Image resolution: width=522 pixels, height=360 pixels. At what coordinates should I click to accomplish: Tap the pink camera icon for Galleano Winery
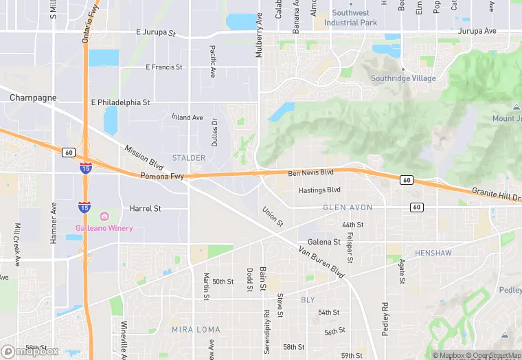[104, 217]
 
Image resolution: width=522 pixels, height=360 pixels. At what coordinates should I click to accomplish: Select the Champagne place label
[33, 98]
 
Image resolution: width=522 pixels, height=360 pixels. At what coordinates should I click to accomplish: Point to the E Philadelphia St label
[120, 102]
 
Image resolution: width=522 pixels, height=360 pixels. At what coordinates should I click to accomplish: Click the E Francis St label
[164, 67]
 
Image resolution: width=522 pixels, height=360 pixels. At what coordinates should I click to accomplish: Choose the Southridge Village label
[403, 78]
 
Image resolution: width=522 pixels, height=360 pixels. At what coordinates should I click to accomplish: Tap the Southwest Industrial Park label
[350, 18]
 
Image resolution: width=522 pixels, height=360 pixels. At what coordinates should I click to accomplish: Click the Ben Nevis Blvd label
[310, 172]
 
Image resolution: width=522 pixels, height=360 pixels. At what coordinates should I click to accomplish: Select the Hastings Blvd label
[319, 190]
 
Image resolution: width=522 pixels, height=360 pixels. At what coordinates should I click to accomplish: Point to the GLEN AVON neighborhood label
[348, 207]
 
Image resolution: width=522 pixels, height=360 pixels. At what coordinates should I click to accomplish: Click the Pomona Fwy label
[161, 177]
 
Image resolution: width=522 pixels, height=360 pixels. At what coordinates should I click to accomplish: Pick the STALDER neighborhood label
[189, 158]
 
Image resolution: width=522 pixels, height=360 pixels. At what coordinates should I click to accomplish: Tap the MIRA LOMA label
[196, 330]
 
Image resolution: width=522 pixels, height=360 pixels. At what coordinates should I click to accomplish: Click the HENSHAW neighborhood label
[433, 254]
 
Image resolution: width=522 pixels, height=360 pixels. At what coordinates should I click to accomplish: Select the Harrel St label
[145, 208]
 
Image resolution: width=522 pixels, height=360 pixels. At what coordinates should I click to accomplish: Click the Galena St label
[324, 242]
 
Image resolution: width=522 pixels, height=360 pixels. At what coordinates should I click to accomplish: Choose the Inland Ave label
[187, 117]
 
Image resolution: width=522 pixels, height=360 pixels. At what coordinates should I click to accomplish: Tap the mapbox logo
[30, 351]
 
